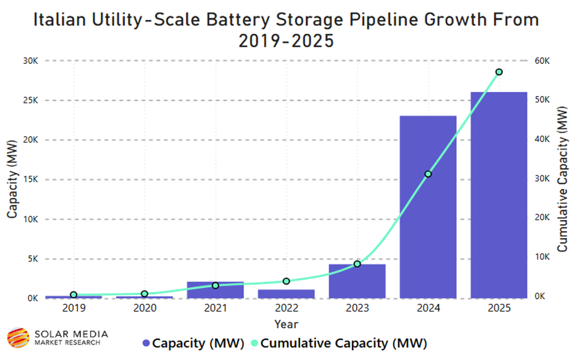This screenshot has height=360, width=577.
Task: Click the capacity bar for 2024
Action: point(428,207)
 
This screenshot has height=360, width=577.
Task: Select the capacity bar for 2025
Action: point(499,195)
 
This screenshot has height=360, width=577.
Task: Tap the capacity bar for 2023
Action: point(357,281)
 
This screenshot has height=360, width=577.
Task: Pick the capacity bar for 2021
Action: point(215,290)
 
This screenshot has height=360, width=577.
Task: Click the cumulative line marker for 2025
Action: point(499,72)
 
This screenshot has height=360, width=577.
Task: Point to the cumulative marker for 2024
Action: point(428,174)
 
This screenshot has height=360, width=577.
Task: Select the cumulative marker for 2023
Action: point(357,263)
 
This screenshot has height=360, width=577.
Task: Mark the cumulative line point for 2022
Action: point(286,281)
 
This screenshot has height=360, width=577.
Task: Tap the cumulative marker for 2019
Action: point(73,294)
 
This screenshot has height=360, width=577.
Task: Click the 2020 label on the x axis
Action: point(144,308)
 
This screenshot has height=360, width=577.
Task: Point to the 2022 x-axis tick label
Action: point(286,308)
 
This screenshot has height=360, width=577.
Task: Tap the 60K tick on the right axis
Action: point(543,61)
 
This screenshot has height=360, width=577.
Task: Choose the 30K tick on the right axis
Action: point(543,179)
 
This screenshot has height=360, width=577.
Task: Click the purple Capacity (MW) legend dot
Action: point(146,343)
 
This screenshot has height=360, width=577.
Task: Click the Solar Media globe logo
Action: point(18,337)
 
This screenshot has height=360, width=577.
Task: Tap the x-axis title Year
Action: point(286,324)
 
